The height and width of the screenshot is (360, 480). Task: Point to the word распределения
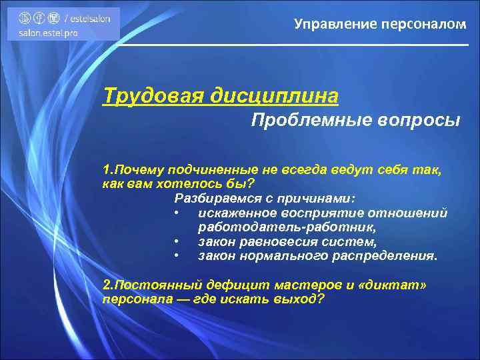click(x=387, y=255)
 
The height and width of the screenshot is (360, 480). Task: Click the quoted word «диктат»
click(x=395, y=284)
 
